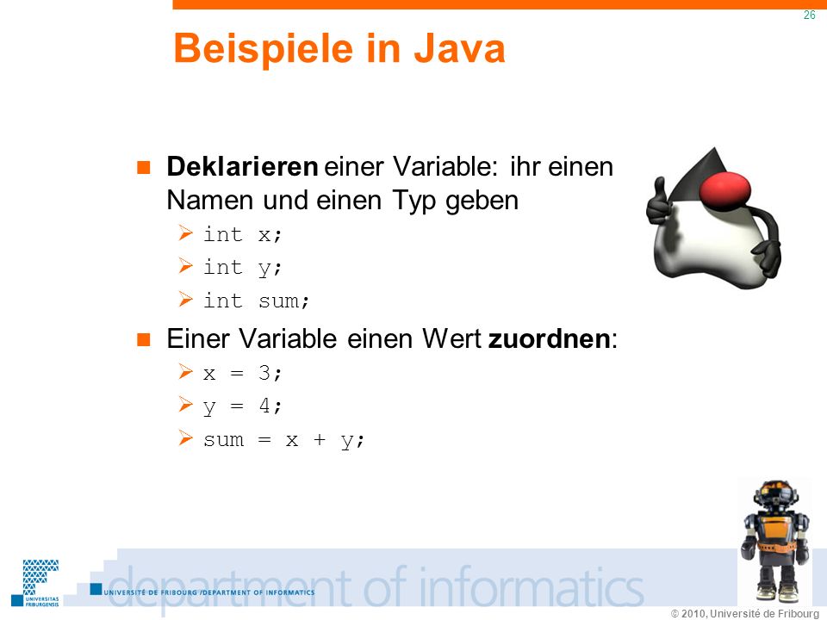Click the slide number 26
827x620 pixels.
pos(809,15)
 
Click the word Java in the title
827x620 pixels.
pos(459,48)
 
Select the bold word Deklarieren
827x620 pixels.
pos(242,166)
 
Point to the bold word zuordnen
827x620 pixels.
pos(549,338)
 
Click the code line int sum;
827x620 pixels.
pos(257,301)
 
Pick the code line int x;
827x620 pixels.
pos(243,234)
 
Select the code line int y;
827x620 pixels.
pos(243,268)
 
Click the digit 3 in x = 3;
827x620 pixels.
pos(264,373)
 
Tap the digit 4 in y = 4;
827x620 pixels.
pos(264,406)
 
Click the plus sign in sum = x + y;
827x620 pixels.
pos(319,439)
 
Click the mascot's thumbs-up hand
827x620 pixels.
pos(657,203)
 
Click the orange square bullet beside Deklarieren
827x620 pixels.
pos(144,168)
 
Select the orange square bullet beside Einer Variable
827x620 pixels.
pos(144,339)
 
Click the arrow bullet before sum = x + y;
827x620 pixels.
pos(185,438)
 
